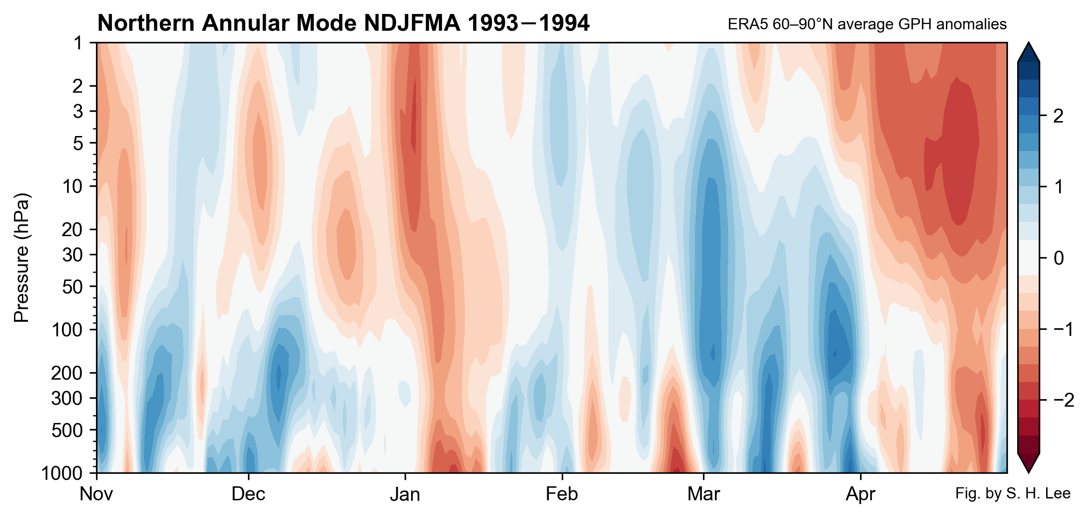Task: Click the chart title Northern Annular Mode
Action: [343, 23]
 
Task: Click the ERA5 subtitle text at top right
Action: [867, 24]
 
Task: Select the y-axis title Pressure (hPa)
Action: [22, 258]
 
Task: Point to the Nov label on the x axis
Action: [96, 494]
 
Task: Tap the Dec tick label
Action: [248, 494]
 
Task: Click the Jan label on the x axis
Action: [405, 494]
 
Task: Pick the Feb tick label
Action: [562, 494]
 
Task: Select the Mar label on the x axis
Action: [703, 494]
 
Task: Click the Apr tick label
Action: [860, 494]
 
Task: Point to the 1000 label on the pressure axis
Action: [62, 473]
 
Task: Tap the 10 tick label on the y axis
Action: [72, 186]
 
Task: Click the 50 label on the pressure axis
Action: [72, 286]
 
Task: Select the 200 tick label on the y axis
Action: [67, 373]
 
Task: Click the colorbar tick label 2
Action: [1058, 116]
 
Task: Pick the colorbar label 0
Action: [1058, 258]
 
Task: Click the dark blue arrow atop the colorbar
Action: [1028, 53]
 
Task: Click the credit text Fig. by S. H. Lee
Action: [1013, 493]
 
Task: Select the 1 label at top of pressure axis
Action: [78, 43]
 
